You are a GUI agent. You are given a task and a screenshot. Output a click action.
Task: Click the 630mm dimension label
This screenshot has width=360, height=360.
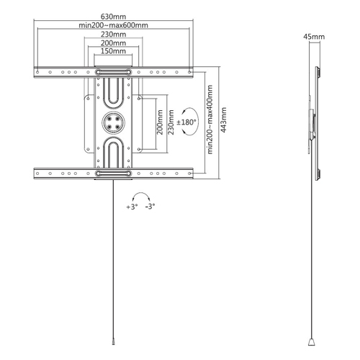click(113, 17)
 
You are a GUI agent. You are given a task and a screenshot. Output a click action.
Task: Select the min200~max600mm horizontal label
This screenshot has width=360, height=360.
click(113, 25)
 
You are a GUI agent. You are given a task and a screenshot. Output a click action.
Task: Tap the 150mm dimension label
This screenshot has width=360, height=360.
click(113, 51)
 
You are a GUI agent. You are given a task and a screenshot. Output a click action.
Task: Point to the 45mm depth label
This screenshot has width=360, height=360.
click(314, 37)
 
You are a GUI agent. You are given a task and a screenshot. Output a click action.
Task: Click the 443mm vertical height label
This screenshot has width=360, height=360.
click(223, 120)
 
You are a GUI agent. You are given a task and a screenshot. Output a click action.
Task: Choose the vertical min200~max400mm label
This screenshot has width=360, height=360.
click(210, 120)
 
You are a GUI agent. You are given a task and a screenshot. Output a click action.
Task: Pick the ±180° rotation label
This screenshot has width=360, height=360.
click(186, 122)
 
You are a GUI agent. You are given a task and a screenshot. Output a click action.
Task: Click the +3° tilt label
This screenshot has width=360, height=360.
click(132, 207)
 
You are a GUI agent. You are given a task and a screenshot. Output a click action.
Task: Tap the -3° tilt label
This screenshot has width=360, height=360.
click(150, 206)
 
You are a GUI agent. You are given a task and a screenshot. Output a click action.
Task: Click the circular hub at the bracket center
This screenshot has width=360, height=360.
click(113, 122)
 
